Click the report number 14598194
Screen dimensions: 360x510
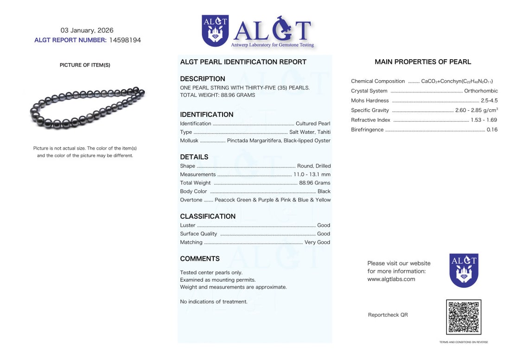125,40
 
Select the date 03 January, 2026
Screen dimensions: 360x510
87,30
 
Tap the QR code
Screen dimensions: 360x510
463,317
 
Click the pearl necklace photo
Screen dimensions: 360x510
87,107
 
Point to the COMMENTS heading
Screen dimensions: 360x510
200,259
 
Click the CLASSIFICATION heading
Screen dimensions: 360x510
208,216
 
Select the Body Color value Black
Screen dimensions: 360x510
324,191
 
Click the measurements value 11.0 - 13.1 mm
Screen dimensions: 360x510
312,175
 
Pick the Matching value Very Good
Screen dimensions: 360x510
317,242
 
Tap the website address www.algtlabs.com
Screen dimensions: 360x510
391,279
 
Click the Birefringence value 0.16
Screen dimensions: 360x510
492,130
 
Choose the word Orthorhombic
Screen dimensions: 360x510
481,91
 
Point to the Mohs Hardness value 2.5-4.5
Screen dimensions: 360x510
489,101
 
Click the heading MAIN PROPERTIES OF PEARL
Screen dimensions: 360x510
423,62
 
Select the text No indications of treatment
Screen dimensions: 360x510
214,302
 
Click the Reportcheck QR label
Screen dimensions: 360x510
388,315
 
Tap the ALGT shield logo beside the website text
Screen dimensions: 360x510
464,270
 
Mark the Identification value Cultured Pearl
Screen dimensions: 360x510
313,124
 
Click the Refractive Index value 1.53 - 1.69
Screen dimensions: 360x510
484,120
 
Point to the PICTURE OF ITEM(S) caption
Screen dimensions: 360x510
85,65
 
